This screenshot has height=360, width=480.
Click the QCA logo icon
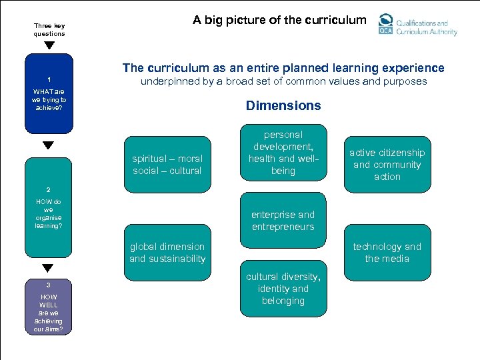385,24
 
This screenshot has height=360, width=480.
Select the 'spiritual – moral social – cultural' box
167,165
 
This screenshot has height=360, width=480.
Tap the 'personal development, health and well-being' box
283,153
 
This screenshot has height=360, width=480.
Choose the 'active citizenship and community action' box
387,165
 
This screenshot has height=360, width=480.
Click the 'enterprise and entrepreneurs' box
283,221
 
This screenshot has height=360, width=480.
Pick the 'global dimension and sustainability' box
167,253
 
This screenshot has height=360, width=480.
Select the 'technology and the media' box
387,253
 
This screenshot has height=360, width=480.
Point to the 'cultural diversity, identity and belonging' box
283,289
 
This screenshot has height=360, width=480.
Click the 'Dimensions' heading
283,105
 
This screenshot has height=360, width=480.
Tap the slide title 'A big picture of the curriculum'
279,19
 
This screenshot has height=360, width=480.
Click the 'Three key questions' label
49,30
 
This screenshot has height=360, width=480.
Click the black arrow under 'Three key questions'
49,46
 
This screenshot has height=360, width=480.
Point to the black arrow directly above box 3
48,268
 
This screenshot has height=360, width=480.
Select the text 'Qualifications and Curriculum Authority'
427,27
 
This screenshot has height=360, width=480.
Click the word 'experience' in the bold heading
415,68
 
